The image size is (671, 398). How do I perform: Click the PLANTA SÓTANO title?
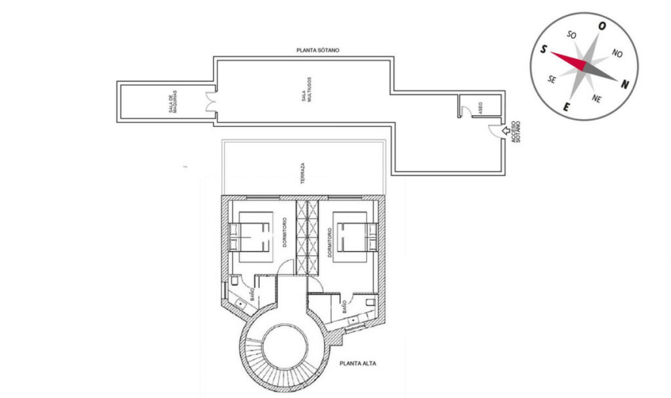click(x=318, y=50)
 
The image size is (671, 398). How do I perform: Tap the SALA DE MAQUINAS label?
click(x=173, y=102)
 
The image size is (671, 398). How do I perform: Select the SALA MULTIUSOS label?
click(x=306, y=90)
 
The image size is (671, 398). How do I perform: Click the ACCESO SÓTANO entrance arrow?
click(x=505, y=131)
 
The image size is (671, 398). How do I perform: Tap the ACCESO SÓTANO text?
click(x=515, y=132)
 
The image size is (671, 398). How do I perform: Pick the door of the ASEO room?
click(x=465, y=111)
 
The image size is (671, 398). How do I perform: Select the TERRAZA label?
click(x=303, y=173)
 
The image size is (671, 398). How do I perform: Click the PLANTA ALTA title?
click(x=358, y=363)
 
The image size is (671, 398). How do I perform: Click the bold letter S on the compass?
click(x=543, y=50)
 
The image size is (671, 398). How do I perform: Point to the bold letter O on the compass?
click(x=602, y=26)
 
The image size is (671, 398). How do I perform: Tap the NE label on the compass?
click(x=597, y=99)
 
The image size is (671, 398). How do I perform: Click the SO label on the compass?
click(x=572, y=35)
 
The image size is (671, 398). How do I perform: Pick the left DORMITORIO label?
click(x=284, y=233)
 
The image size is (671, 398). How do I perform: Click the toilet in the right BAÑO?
click(x=370, y=302)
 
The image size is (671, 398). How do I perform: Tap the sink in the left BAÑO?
click(x=241, y=304)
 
